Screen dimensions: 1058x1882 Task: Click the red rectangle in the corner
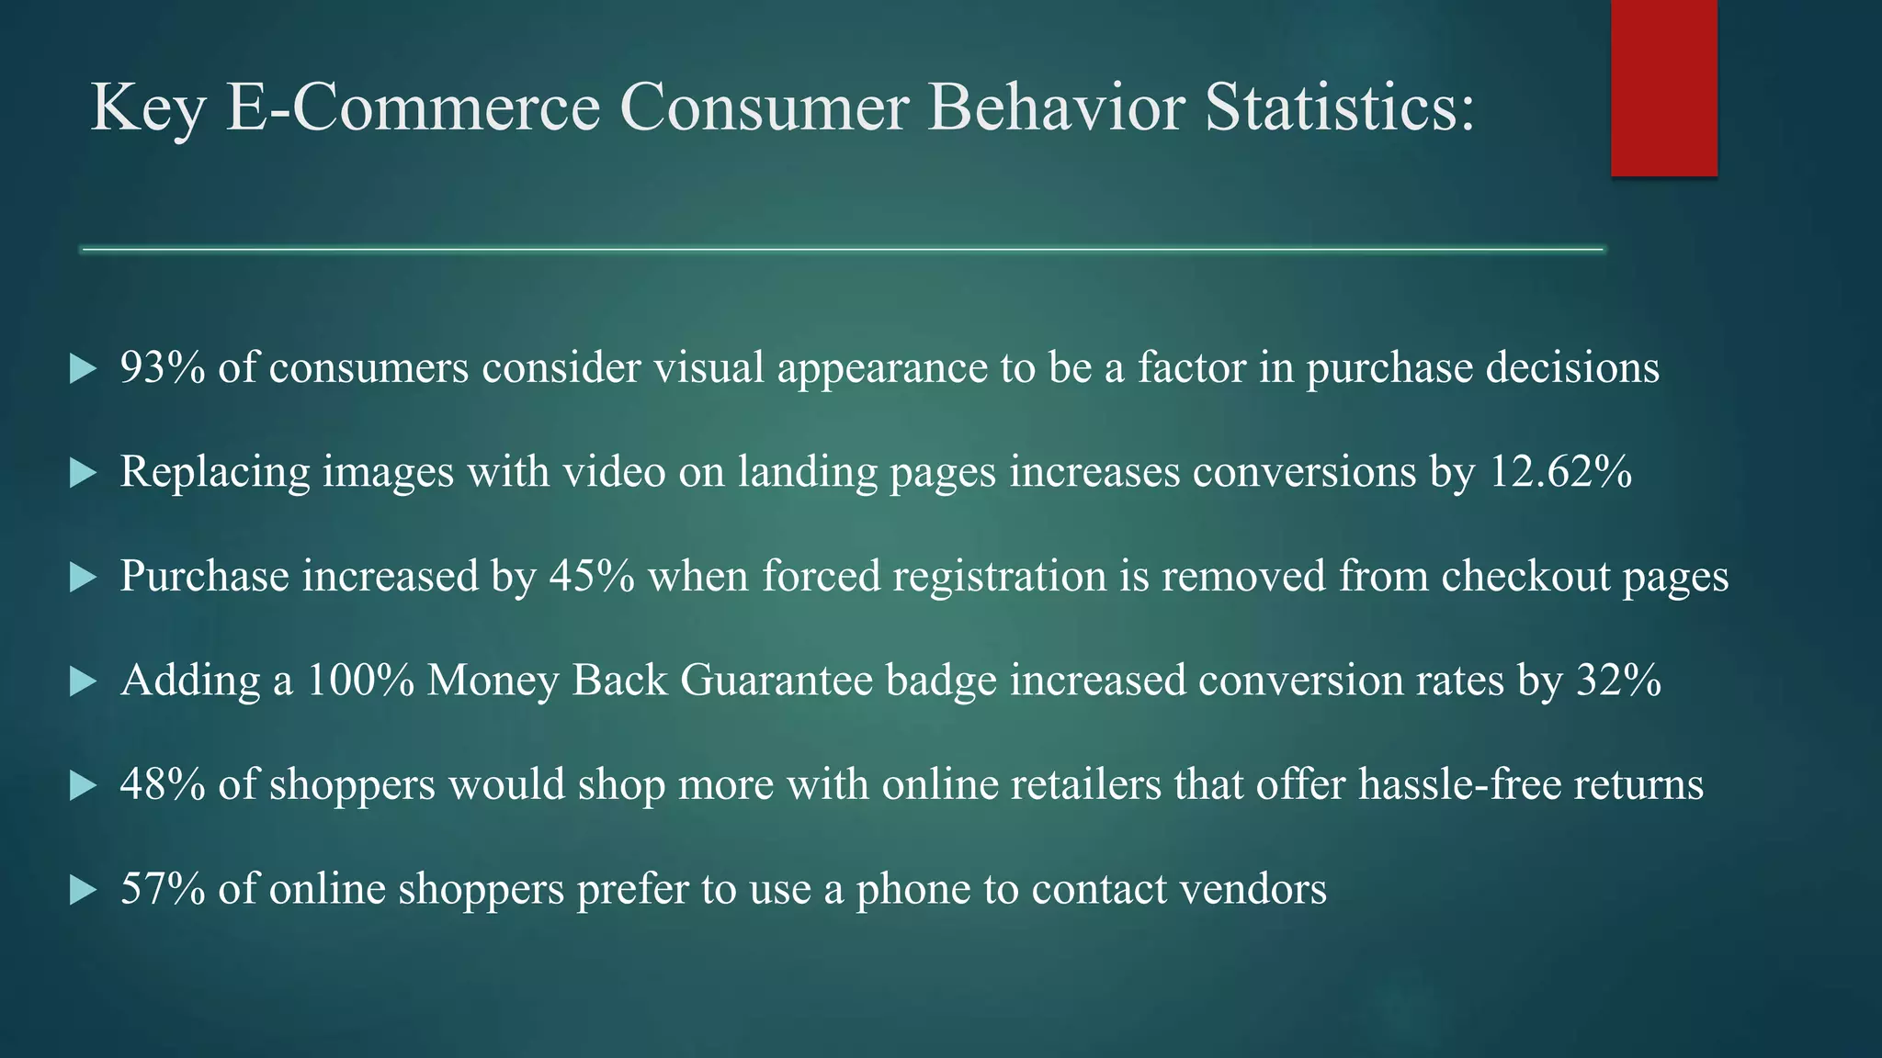point(1663,87)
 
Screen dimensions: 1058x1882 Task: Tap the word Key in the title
point(147,108)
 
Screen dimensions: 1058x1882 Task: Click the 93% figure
point(163,367)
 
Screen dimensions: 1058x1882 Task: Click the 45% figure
point(592,577)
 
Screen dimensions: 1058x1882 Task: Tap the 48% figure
point(163,785)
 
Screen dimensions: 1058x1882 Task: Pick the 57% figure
point(163,889)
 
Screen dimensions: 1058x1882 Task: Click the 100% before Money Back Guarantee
point(359,681)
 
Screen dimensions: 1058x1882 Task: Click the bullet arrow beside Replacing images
point(84,474)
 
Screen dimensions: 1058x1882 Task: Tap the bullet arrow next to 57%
point(84,890)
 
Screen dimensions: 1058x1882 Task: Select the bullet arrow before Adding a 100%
point(84,681)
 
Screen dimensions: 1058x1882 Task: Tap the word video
point(614,472)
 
